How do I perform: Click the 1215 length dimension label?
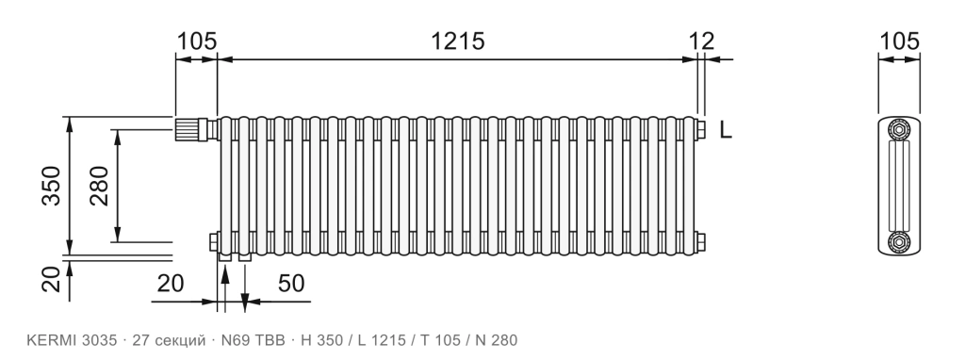coord(457,41)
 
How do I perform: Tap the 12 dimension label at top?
coord(701,41)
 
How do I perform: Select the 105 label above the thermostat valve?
coord(197,41)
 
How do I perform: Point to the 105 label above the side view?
coord(899,41)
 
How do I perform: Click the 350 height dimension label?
coord(52,186)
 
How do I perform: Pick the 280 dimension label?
coord(99,186)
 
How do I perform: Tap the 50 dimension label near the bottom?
coord(292,284)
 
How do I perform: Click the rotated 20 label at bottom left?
coord(52,279)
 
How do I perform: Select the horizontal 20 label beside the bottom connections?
coord(171,284)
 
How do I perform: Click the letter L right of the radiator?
coord(727,130)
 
